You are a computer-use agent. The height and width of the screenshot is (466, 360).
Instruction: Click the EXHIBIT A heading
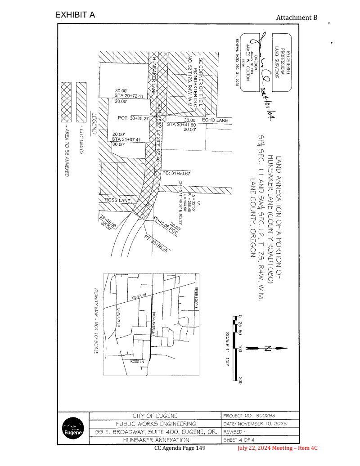[x=75, y=14]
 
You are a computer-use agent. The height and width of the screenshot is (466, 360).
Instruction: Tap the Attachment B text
[x=297, y=18]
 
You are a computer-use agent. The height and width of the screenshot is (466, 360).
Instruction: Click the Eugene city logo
[x=73, y=429]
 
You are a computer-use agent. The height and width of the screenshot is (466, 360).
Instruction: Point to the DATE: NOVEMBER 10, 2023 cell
[x=254, y=424]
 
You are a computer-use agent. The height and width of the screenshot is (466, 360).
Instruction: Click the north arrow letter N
[x=267, y=348]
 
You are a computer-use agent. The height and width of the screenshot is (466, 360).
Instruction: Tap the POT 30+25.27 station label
[x=132, y=117]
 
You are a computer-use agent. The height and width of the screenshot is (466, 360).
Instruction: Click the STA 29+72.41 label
[x=128, y=96]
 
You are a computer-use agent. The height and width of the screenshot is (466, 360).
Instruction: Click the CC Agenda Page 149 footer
[x=180, y=448]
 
